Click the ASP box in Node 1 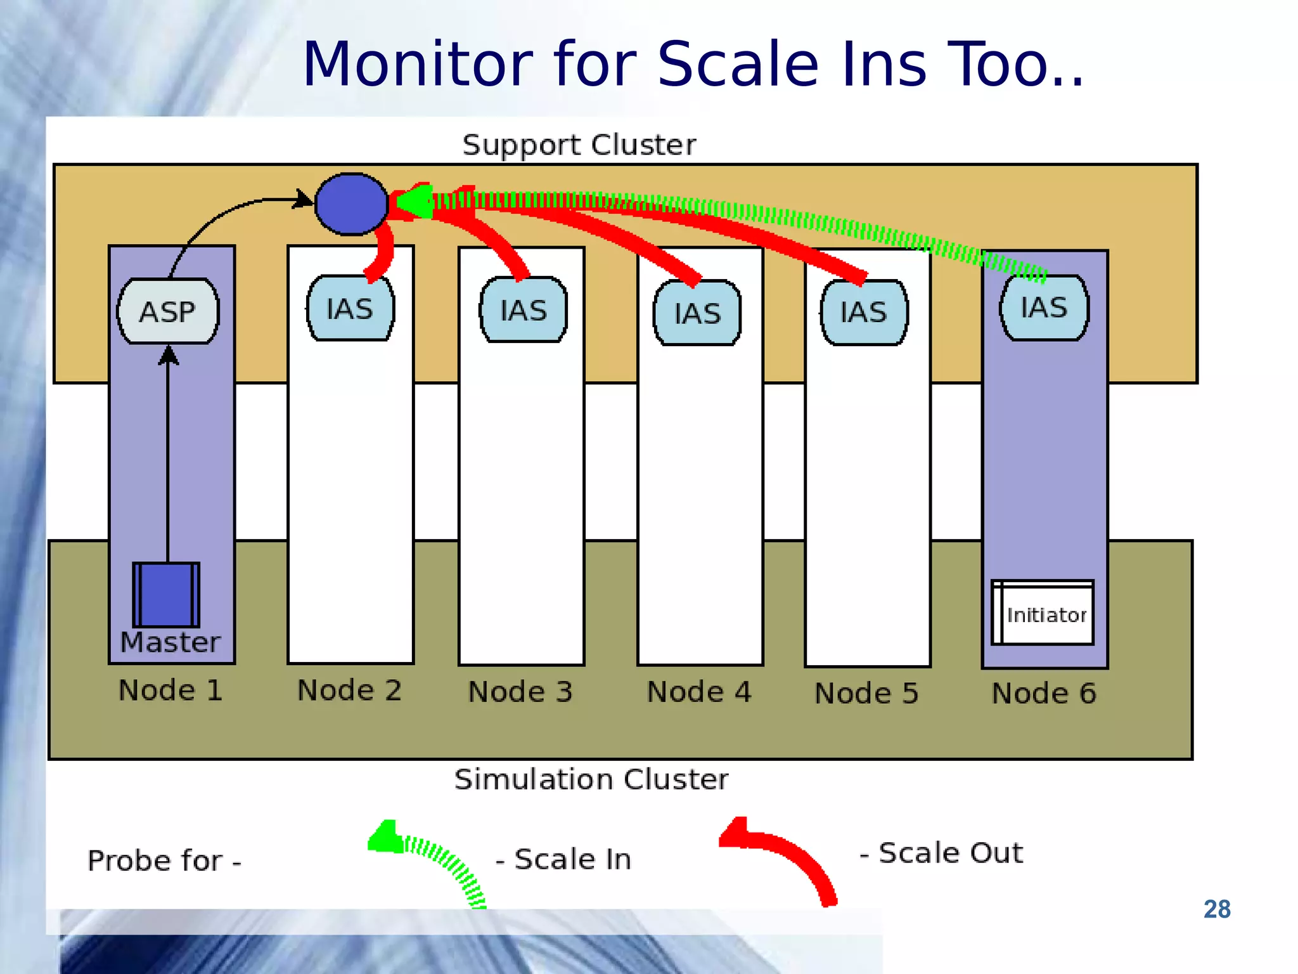(x=168, y=311)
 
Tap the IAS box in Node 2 (x=350, y=309)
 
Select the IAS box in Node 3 (x=524, y=310)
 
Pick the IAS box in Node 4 (x=697, y=313)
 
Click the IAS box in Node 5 (x=864, y=312)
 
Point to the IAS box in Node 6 (x=1044, y=308)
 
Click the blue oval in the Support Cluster (x=351, y=204)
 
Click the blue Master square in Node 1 (x=166, y=595)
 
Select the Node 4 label (x=699, y=692)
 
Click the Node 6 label (x=1044, y=693)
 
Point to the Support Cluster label (x=579, y=145)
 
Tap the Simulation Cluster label (x=591, y=779)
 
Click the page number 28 (x=1217, y=909)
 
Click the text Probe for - (x=164, y=861)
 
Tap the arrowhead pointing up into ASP (x=168, y=355)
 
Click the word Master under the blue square (x=170, y=642)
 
